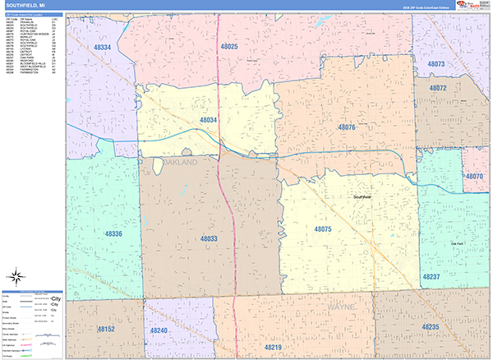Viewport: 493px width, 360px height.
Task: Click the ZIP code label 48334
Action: click(103, 48)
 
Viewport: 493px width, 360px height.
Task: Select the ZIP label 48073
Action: click(436, 63)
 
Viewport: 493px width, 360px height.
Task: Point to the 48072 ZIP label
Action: click(436, 88)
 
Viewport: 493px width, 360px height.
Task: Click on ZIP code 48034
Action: click(209, 120)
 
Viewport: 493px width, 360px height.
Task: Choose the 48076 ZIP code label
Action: click(346, 127)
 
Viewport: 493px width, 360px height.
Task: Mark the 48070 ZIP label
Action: click(473, 177)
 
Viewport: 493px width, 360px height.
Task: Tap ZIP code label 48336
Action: click(113, 234)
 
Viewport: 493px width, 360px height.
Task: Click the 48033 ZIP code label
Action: click(209, 238)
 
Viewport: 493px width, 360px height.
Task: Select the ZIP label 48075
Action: click(321, 229)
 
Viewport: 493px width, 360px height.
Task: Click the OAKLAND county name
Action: click(181, 164)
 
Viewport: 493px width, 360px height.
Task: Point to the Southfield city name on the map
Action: click(362, 197)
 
